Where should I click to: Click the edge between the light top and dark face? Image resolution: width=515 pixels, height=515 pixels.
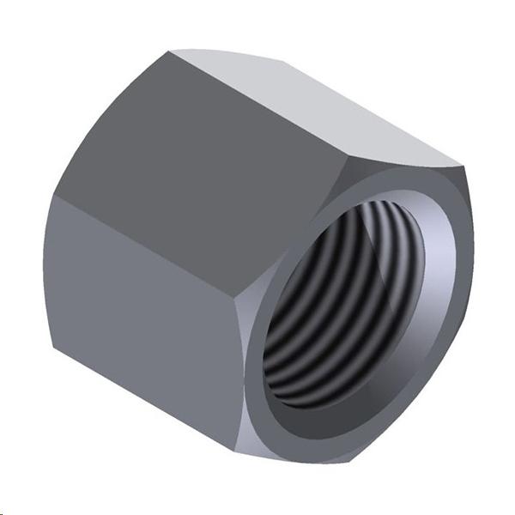[x=257, y=103]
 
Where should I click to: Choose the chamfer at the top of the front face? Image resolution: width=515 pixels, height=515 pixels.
[x=378, y=167]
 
